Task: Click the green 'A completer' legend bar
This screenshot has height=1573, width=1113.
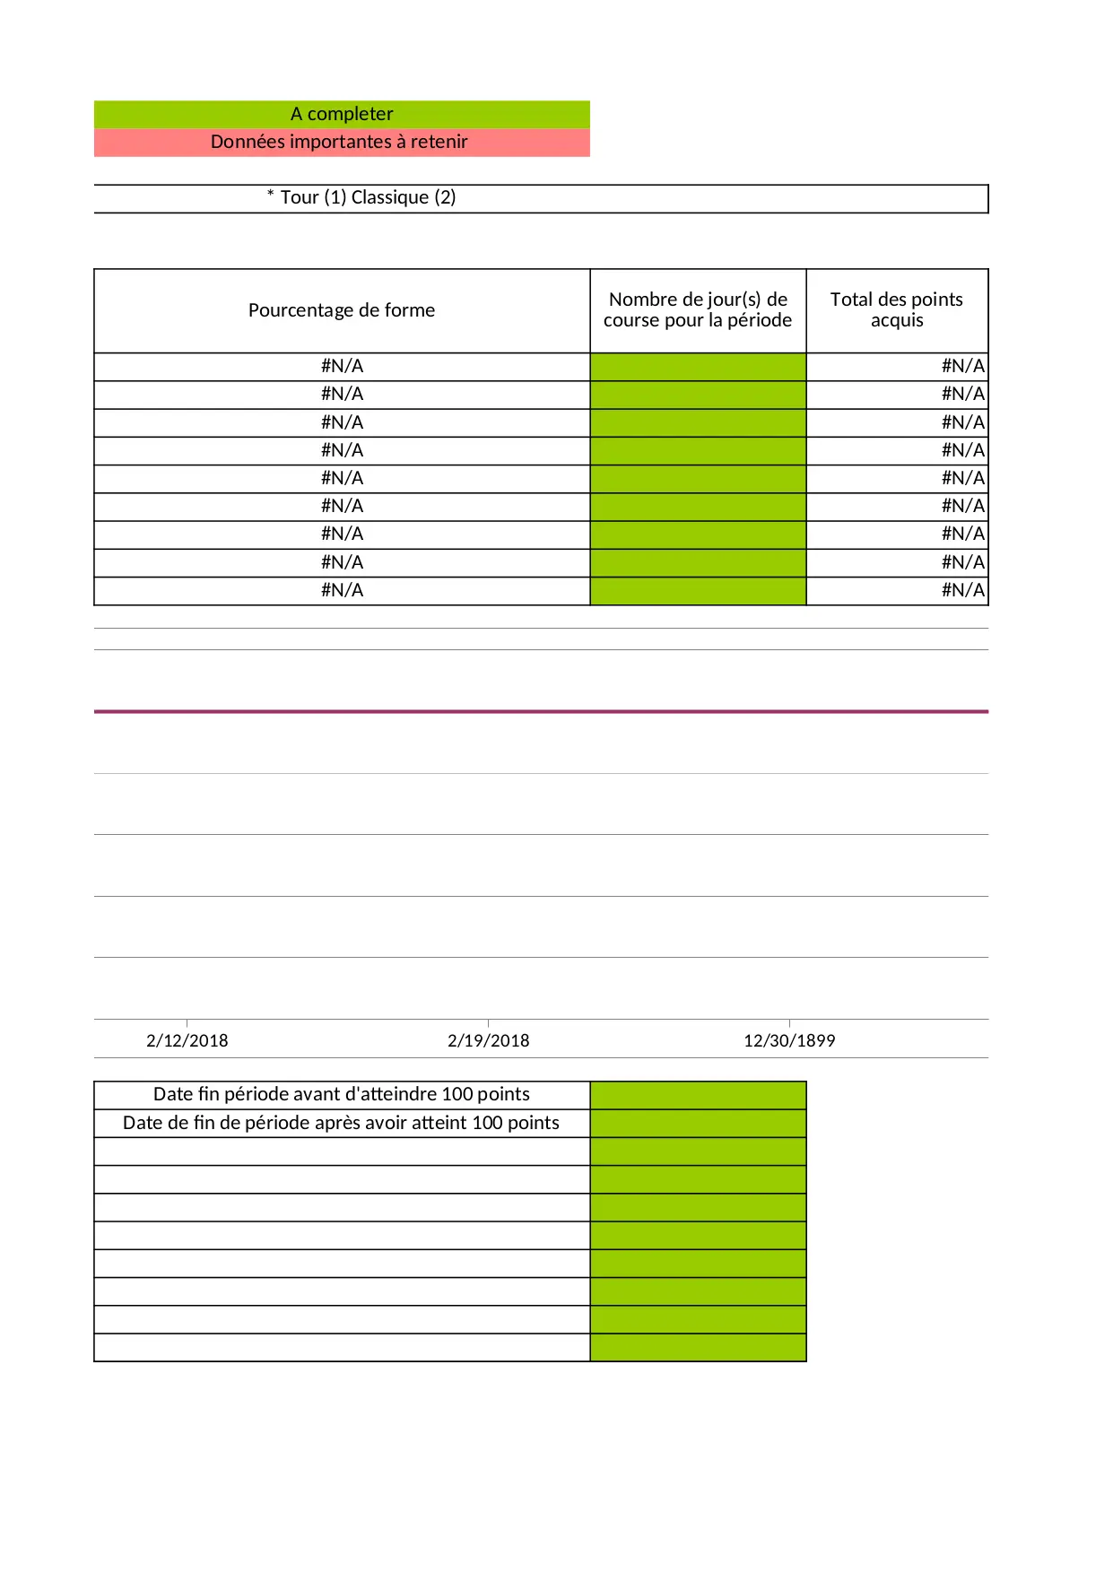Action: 342,114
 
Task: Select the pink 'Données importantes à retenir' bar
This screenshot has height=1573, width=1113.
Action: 339,142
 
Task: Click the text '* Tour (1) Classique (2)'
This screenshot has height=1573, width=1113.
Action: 361,197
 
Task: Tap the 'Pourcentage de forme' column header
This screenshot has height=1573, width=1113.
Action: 342,310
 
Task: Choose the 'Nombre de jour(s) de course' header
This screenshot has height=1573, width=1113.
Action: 698,309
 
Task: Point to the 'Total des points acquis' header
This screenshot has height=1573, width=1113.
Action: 896,309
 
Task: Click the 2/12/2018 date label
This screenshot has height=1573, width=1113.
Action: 187,1040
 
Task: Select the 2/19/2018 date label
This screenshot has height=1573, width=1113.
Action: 489,1040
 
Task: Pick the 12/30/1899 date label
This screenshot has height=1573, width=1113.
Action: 789,1040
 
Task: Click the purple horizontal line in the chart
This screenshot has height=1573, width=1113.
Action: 541,711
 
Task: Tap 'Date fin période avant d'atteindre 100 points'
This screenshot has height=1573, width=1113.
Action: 342,1094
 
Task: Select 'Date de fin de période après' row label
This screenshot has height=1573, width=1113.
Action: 341,1123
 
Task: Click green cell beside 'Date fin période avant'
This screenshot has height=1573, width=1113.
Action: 698,1095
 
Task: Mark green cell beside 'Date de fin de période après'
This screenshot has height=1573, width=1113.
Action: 698,1124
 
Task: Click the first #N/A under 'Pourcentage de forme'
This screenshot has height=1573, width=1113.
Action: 342,366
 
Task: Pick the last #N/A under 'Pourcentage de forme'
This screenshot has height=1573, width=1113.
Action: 342,590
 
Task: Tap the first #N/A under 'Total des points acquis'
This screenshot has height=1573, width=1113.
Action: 962,366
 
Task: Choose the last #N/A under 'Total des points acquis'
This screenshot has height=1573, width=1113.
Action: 962,590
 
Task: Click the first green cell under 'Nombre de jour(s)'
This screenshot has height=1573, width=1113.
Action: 698,367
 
